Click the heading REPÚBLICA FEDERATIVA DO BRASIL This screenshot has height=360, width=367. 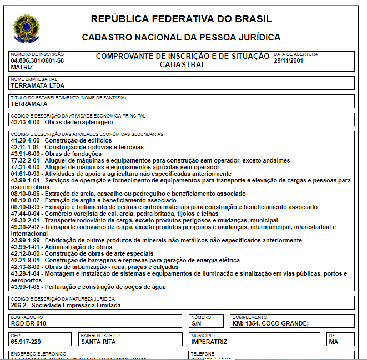[181, 19]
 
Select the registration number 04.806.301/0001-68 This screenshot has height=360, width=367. [37, 60]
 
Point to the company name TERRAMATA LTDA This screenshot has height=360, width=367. [38, 85]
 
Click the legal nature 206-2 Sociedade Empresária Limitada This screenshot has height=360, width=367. [66, 305]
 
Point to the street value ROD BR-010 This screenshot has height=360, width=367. [28, 323]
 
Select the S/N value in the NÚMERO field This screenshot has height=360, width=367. [197, 323]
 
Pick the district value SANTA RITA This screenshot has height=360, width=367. [98, 342]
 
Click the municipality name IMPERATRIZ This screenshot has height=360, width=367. [209, 342]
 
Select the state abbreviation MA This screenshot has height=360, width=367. [334, 342]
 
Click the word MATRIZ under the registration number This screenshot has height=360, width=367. [22, 67]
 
